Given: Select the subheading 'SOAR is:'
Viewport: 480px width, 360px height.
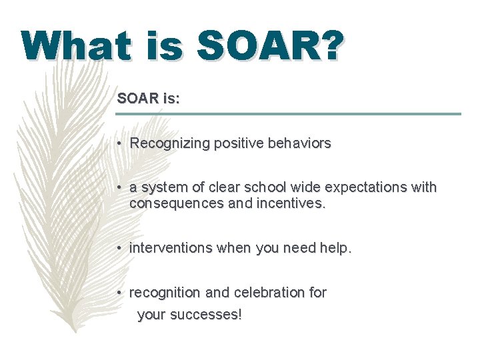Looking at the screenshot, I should pyautogui.click(x=148, y=99).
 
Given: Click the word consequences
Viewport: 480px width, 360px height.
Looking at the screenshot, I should pyautogui.click(x=171, y=203).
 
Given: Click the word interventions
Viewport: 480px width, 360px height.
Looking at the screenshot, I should pyautogui.click(x=169, y=248).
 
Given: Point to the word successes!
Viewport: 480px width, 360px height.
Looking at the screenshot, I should pyautogui.click(x=207, y=315).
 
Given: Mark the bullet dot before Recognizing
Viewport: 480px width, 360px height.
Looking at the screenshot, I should pyautogui.click(x=117, y=144).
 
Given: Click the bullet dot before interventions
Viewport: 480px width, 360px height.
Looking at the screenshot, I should pyautogui.click(x=117, y=249).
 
